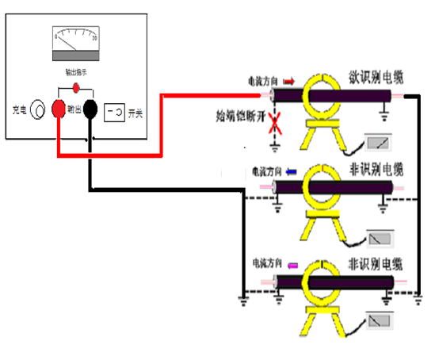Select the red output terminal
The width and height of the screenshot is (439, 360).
coord(59,109)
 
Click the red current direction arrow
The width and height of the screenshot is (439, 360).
coord(288,81)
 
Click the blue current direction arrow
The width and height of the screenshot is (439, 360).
coord(290,170)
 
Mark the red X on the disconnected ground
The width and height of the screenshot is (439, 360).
coord(275,123)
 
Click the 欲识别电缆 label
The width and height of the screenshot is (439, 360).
coord(377,78)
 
